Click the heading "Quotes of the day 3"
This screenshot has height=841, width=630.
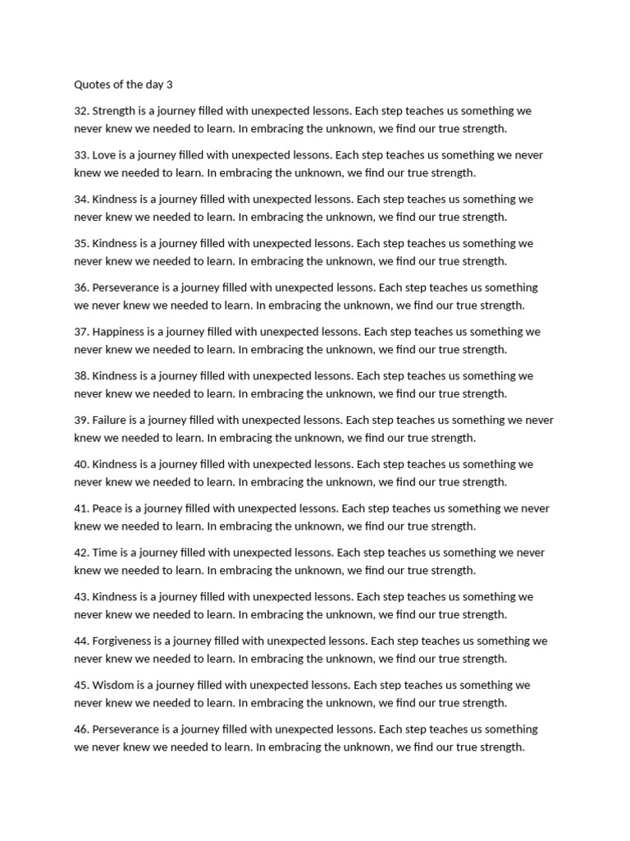123,84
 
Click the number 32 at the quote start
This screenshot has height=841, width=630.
81,111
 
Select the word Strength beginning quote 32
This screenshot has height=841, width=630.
115,111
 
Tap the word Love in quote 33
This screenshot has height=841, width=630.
104,155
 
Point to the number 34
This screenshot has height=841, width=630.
81,200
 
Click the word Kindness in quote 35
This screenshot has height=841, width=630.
116,244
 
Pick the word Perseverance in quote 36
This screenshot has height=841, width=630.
127,287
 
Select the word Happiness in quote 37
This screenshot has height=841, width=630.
120,332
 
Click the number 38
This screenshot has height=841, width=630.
81,376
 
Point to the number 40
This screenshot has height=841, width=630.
81,465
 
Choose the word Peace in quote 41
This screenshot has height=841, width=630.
107,509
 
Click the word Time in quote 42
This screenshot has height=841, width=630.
105,553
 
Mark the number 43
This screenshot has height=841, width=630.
81,597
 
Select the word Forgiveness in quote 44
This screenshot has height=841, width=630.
124,641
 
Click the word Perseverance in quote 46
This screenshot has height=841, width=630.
127,729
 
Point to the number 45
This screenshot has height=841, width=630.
81,686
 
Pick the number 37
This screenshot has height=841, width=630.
81,332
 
